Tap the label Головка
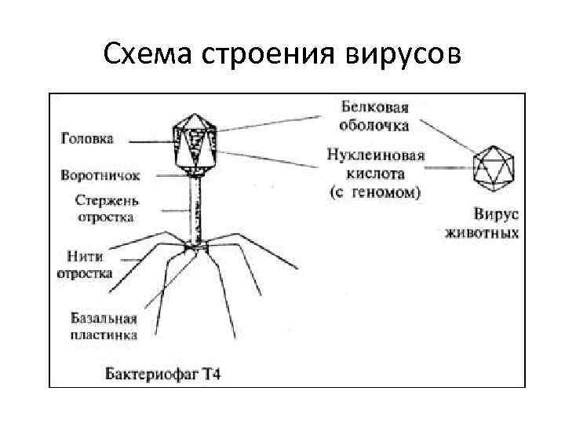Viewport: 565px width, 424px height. click(87, 138)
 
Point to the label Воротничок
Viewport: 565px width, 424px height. click(96, 174)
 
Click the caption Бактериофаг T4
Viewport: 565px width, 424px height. click(164, 374)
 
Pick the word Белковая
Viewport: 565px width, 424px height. click(377, 106)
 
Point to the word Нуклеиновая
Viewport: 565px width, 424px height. click(376, 155)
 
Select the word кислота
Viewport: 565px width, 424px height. click(376, 173)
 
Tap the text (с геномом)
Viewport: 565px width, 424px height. click(376, 192)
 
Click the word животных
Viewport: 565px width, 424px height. click(482, 233)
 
